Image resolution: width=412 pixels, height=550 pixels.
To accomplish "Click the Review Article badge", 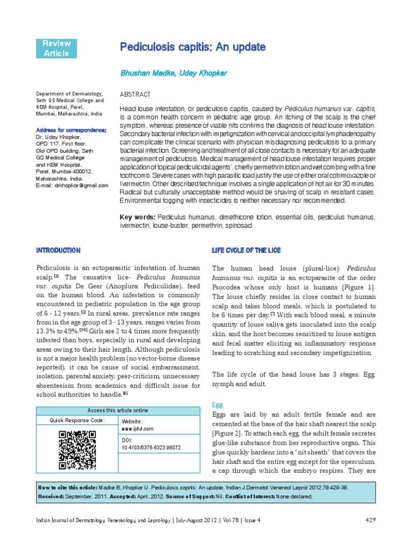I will click(56, 48).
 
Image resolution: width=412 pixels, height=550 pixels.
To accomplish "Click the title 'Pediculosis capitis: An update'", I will click(193, 47).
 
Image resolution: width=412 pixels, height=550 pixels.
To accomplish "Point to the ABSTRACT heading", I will click(131, 94).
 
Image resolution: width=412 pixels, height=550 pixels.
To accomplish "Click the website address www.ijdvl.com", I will click(138, 429).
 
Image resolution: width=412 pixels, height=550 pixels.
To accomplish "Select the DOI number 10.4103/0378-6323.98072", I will click(151, 447).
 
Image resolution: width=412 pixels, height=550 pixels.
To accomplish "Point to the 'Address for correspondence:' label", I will click(71, 131).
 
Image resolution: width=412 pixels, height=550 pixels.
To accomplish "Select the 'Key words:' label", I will click(137, 217).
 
